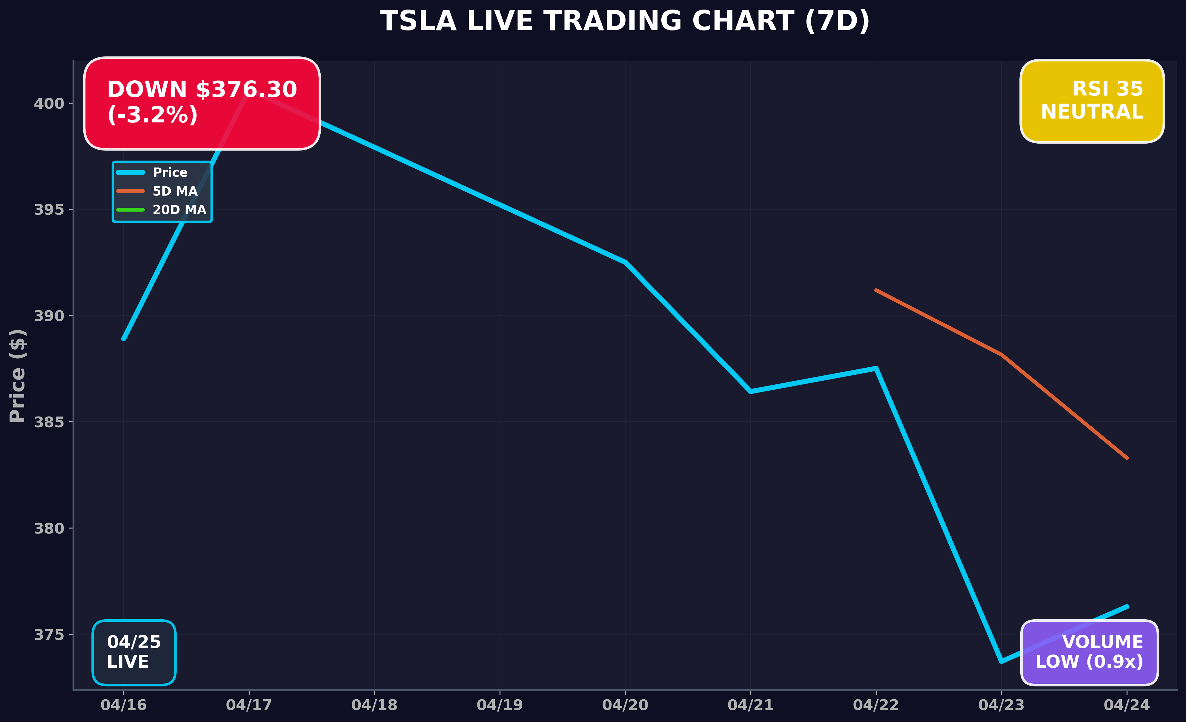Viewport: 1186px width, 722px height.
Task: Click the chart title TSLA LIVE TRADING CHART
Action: click(625, 22)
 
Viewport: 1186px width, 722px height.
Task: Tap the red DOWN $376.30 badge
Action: click(202, 103)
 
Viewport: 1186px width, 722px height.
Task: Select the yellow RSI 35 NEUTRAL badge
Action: click(1092, 101)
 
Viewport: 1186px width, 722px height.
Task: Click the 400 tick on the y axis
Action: click(49, 104)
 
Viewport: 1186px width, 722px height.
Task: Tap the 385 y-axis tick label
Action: click(49, 422)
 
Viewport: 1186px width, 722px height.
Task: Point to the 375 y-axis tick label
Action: click(49, 635)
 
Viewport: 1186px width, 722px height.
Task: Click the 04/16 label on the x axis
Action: click(123, 705)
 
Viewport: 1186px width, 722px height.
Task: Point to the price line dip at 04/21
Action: click(750, 391)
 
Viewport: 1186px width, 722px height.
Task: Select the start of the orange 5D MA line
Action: click(876, 290)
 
